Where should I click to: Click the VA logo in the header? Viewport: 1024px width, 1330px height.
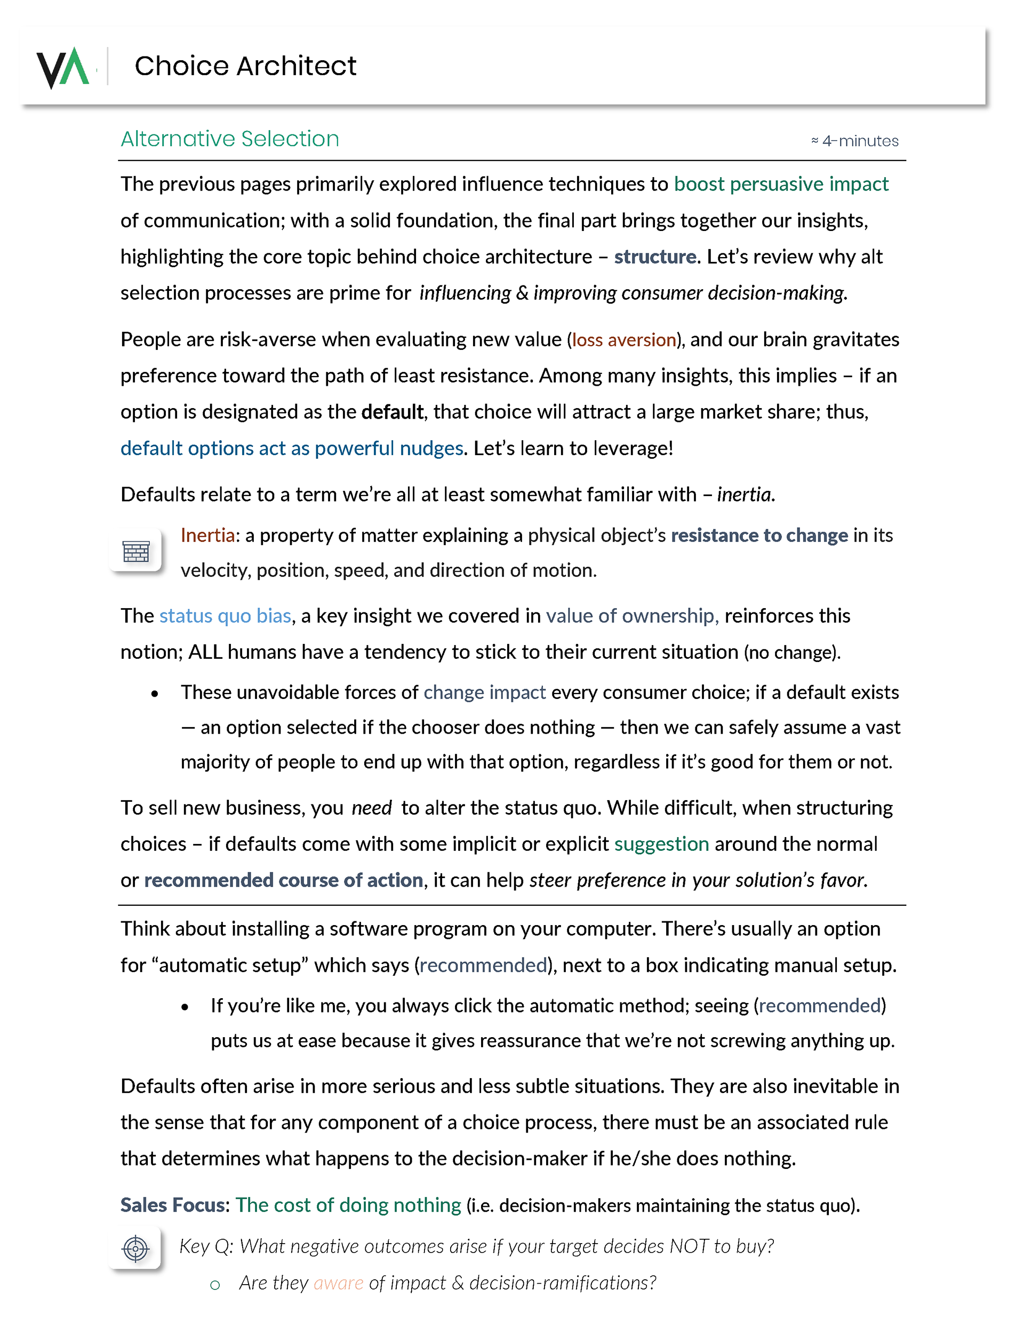[x=63, y=67]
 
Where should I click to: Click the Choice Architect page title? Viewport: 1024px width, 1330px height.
[x=245, y=66]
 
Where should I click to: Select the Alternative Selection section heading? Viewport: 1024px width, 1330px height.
[x=229, y=139]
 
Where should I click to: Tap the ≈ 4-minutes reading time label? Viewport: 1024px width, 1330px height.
[x=855, y=141]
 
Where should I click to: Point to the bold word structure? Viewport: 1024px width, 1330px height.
[x=654, y=257]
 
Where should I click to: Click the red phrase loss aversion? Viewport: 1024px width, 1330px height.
[x=623, y=339]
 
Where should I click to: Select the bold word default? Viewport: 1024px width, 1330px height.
[x=391, y=412]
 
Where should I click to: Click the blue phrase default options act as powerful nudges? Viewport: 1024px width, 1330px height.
[x=292, y=448]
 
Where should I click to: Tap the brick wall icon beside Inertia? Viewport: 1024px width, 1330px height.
[x=136, y=551]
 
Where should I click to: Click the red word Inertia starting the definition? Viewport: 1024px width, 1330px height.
[x=207, y=535]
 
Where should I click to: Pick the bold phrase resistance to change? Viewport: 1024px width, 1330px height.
[x=758, y=535]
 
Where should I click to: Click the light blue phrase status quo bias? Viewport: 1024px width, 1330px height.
[x=225, y=616]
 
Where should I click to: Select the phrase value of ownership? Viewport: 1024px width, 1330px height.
[x=632, y=616]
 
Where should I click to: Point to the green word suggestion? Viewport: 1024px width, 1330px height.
[x=661, y=844]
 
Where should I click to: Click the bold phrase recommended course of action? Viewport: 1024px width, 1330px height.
[x=283, y=880]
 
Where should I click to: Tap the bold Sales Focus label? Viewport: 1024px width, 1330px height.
[x=173, y=1205]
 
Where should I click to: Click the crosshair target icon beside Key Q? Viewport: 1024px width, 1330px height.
[x=135, y=1249]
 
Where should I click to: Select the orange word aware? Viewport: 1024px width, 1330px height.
[x=338, y=1283]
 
